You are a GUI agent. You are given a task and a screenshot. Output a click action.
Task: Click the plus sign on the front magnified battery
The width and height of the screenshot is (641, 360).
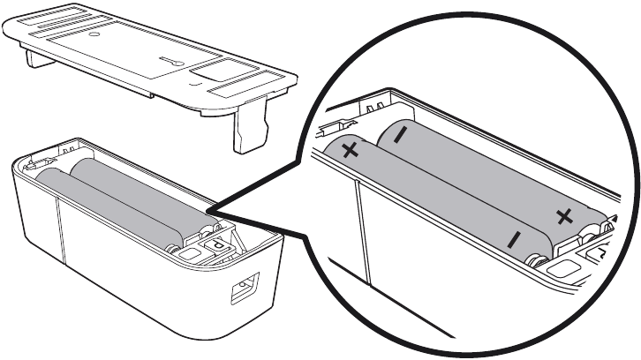pyautogui.click(x=351, y=151)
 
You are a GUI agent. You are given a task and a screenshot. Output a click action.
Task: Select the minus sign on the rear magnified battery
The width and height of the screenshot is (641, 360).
pyautogui.click(x=401, y=135)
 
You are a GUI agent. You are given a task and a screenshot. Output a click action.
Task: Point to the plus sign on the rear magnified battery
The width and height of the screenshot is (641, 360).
pyautogui.click(x=563, y=214)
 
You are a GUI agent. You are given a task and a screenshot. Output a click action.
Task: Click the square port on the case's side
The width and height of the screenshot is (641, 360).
pyautogui.click(x=239, y=289)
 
